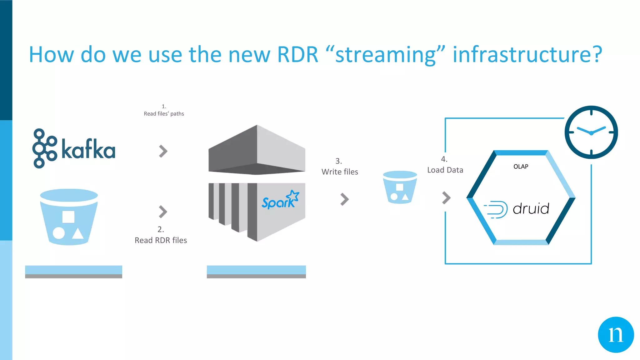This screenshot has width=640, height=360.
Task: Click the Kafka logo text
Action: [88, 149]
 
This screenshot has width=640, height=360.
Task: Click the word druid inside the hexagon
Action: [531, 209]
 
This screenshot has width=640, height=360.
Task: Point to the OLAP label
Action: [521, 167]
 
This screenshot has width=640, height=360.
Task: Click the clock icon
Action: [591, 132]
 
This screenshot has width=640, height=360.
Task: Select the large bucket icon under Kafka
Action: [69, 217]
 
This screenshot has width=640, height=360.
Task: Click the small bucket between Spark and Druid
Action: [400, 187]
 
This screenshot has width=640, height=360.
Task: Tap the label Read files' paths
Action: [164, 114]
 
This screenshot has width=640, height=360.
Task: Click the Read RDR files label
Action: [161, 240]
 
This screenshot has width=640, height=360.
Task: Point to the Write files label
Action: [340, 172]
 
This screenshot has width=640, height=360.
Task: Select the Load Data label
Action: [445, 170]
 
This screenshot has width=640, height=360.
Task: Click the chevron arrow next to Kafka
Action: [163, 151]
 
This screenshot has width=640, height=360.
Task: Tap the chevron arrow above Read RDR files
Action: [163, 212]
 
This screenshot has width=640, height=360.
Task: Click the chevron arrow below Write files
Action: [344, 199]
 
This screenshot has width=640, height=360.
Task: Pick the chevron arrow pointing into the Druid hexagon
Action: [446, 197]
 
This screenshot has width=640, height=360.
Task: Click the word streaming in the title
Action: [385, 55]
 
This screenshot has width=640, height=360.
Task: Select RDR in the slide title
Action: [297, 55]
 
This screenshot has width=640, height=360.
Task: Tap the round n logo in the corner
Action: [616, 335]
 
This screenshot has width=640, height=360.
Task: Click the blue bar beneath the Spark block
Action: [256, 270]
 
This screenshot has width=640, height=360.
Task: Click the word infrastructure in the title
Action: [527, 55]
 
